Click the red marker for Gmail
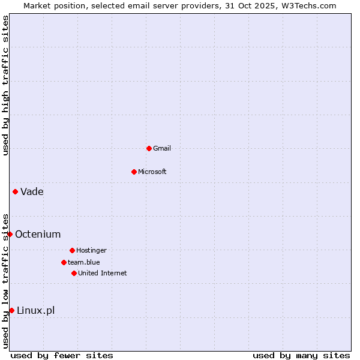[x=149, y=148]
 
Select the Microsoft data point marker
[x=134, y=172]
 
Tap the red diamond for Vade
[x=15, y=191]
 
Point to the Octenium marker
[x=10, y=234]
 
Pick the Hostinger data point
[x=72, y=250]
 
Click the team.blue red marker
[x=64, y=262]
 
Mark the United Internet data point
[x=74, y=273]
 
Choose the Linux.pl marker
[x=11, y=310]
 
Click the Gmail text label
[x=162, y=148]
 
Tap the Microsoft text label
[x=152, y=172]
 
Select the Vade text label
[x=32, y=191]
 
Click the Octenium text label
[x=38, y=234]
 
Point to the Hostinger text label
[x=91, y=250]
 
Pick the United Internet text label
[x=103, y=273]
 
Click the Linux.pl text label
[x=35, y=310]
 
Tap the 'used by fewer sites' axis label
[x=62, y=355]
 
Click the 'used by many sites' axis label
[x=301, y=355]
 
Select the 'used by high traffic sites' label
[x=5, y=85]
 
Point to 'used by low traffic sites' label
[x=5, y=281]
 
